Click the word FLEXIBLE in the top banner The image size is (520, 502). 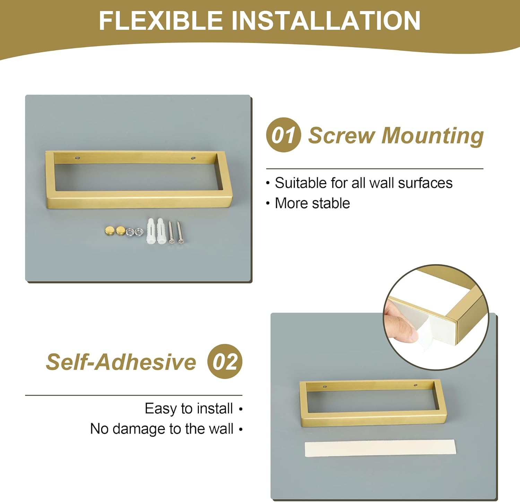(161, 20)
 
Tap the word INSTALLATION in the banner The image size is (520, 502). (326, 20)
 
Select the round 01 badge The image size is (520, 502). (283, 135)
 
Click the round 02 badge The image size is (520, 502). (225, 361)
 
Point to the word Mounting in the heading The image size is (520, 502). (432, 136)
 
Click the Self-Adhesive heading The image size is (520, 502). (121, 362)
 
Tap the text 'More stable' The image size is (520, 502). (312, 203)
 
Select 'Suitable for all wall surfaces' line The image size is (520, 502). (364, 183)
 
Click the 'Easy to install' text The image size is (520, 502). (189, 408)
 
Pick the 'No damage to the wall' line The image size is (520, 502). (162, 429)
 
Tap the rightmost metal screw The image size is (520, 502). (180, 232)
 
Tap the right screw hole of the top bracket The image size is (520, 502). (193, 158)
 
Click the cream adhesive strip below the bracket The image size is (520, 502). (380, 448)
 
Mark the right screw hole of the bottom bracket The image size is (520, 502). (414, 385)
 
